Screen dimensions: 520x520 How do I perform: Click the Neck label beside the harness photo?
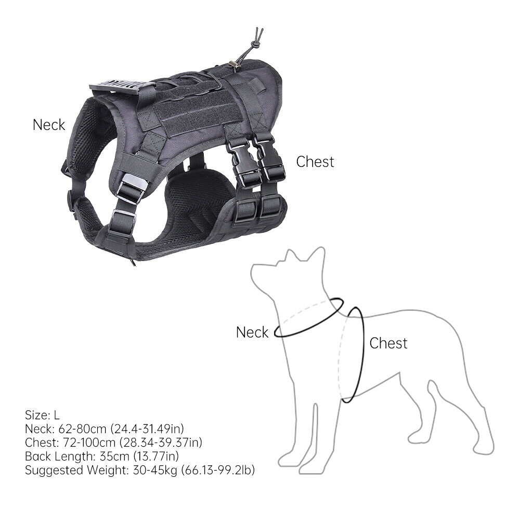(49, 125)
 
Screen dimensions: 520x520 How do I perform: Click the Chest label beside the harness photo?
(315, 162)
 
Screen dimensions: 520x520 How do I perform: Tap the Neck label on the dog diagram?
(252, 332)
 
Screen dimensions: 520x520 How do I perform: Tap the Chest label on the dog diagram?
(388, 343)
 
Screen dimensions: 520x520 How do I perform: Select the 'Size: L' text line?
(42, 415)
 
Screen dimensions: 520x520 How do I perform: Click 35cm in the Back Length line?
(114, 457)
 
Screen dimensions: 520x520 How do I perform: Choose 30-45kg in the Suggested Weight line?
(155, 470)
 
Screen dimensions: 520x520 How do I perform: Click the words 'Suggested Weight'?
(76, 470)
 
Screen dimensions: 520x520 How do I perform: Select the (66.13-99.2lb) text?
(217, 470)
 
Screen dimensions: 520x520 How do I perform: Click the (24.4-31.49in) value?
(147, 429)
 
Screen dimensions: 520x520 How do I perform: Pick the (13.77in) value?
(156, 457)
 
